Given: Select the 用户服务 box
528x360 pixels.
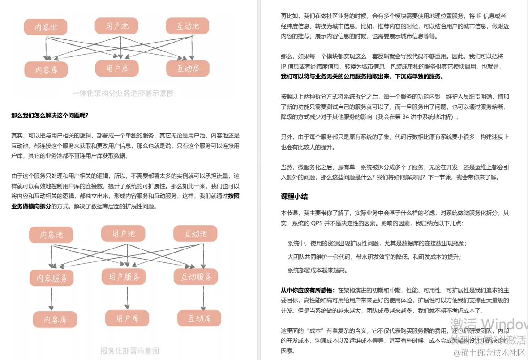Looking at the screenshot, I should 124,277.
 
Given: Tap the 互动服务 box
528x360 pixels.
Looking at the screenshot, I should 196,277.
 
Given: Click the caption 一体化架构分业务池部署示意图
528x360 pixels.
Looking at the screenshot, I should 123,94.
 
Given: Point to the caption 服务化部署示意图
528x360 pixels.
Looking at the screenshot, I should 129,351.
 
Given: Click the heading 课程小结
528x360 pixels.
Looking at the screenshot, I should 294,197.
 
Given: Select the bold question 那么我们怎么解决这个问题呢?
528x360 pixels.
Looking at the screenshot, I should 50,116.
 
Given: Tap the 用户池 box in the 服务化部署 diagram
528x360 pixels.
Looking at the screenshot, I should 124,234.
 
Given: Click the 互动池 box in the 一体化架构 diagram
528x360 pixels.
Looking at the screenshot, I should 188,26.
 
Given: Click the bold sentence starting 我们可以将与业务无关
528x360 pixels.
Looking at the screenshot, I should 362,77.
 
